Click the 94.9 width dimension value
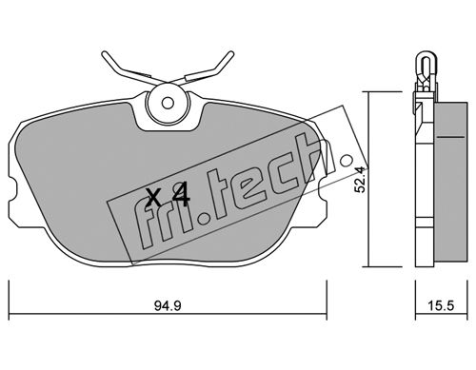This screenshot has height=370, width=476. (x=168, y=306)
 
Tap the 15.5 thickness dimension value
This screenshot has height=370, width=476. (x=442, y=306)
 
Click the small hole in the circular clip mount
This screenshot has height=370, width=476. (x=168, y=103)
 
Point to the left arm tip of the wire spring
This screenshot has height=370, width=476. (x=103, y=53)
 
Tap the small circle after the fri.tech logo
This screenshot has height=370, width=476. (x=346, y=161)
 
